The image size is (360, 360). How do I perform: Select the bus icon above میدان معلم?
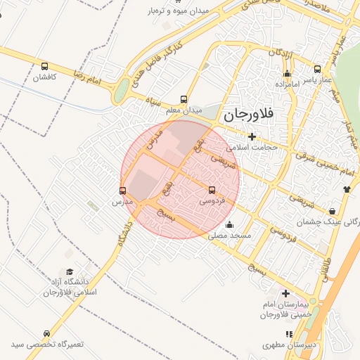[184, 99]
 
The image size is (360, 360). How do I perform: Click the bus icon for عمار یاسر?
[318, 70]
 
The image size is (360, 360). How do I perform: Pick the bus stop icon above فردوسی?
[212, 190]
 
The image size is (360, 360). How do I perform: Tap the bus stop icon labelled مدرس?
[123, 191]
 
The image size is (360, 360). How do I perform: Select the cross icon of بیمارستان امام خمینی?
[285, 293]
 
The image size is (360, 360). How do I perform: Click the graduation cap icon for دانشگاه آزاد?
[69, 271]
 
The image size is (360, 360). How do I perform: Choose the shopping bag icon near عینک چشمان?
[332, 210]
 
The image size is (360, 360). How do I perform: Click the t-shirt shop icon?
[347, 189]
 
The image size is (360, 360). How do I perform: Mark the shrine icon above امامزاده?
[287, 73]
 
